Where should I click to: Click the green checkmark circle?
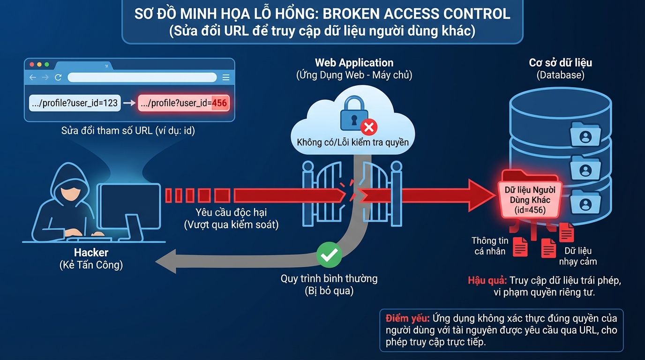point(329,255)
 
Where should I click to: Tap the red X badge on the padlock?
point(369,127)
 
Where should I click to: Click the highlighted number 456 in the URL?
point(219,103)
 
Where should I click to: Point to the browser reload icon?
point(58,77)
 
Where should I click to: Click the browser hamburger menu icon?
point(226,77)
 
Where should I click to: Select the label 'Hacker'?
point(91,253)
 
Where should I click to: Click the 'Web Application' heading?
point(354,63)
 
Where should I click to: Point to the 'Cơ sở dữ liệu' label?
point(560,63)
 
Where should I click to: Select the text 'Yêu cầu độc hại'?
point(231,212)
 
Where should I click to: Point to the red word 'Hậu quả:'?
point(487,281)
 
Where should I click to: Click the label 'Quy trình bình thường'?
point(329,278)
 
